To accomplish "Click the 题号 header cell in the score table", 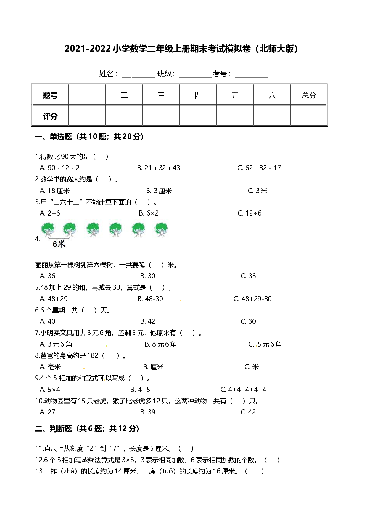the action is (50, 95).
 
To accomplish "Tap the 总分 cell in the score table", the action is (309, 95).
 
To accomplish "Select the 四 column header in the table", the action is (198, 95).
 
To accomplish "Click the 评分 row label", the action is (50, 116).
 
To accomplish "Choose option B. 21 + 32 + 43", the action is (159, 168).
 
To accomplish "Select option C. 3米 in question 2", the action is (257, 191).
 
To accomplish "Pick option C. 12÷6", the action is (250, 213).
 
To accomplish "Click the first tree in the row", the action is (48, 230).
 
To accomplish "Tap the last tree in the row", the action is (161, 230).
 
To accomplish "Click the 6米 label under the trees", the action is (59, 244).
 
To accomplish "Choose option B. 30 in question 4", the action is (148, 276).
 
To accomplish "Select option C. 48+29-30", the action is (252, 299).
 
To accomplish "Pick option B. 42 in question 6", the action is (148, 321).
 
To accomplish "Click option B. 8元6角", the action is (161, 344).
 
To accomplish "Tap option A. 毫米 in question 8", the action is (50, 367).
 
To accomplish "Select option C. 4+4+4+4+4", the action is (243, 390).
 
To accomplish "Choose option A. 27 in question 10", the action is (47, 412).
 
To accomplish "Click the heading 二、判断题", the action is (54, 429).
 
